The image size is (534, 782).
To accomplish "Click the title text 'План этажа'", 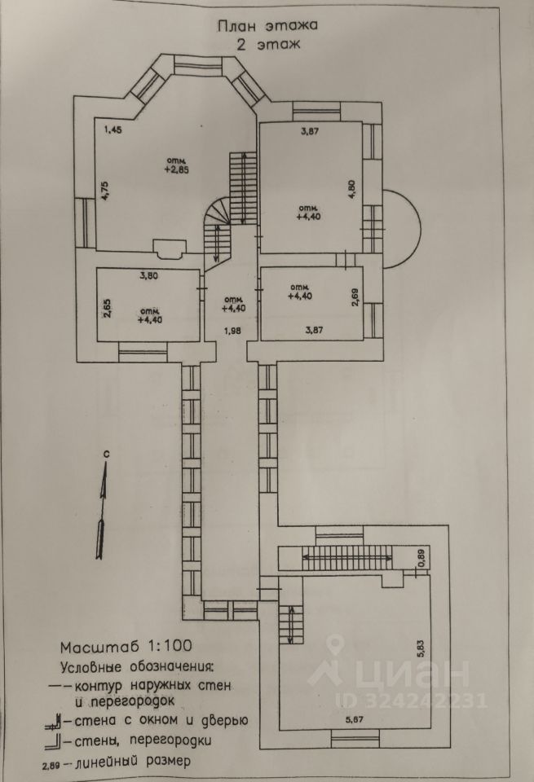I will point(267,26).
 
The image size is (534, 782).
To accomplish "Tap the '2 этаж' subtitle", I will point(267,46).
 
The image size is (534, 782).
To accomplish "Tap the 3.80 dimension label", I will point(148,275).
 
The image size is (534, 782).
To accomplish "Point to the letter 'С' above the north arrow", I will point(106,452).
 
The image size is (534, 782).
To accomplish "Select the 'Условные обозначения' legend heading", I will point(136,666).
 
